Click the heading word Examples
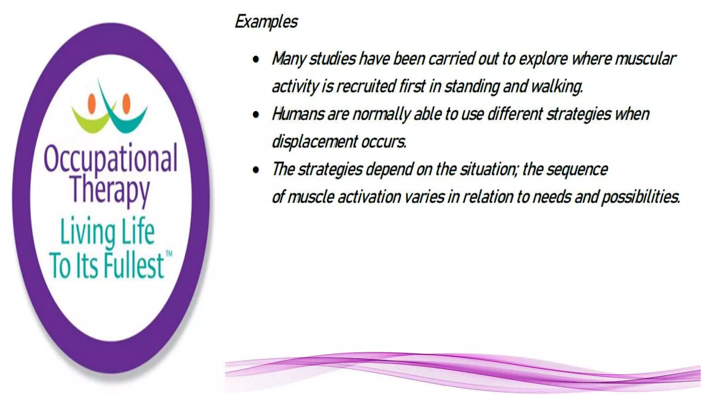[266, 22]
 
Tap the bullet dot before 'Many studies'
[256, 59]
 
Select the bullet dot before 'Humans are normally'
[256, 115]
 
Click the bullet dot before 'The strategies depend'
[256, 170]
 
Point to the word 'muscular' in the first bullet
[645, 59]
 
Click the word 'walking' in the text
[556, 86]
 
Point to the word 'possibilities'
[640, 197]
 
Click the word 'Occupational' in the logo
[110, 158]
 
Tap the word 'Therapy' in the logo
[110, 190]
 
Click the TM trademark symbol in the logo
[169, 254]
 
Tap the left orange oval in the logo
[92, 103]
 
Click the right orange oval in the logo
[126, 103]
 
